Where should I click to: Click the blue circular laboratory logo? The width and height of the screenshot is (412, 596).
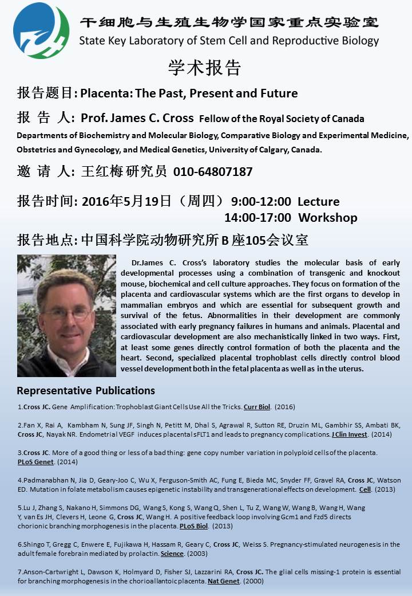tap(41, 30)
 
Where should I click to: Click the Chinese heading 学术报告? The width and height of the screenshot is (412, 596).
tap(205, 68)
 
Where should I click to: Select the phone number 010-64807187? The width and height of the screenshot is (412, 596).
tap(213, 171)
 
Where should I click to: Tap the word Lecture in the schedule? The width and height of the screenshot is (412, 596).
tap(319, 202)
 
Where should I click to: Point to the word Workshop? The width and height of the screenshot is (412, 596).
tap(328, 218)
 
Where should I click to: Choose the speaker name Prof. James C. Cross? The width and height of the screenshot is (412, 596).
tap(137, 119)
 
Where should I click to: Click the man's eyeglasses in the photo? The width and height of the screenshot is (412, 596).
tap(67, 313)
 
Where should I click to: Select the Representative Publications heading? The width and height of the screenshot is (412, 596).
tap(86, 391)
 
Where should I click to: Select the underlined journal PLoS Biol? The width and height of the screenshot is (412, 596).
tap(194, 526)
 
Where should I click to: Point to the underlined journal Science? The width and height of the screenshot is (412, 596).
tap(172, 554)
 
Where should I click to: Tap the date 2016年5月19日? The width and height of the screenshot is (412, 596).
tap(127, 202)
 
